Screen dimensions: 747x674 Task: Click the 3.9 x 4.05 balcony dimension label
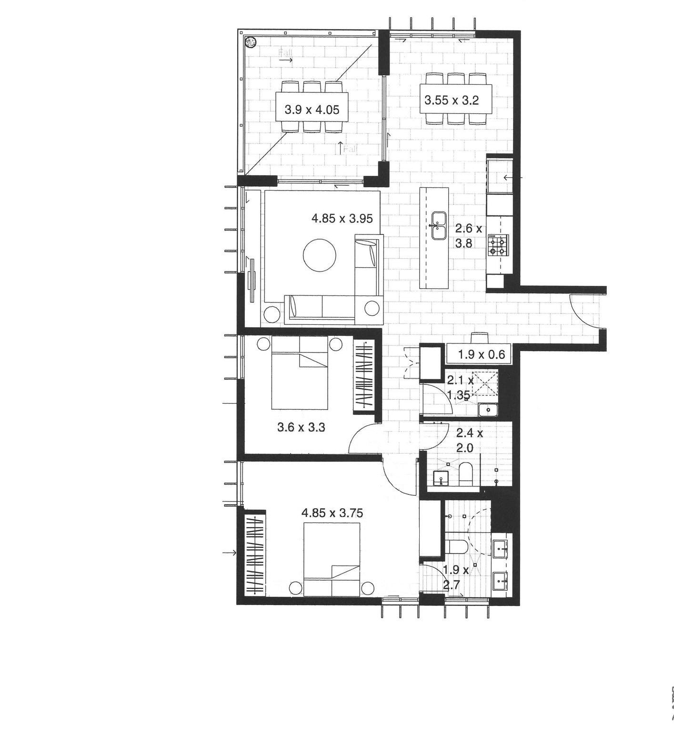pyautogui.click(x=312, y=110)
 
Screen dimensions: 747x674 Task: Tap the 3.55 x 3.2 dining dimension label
pyautogui.click(x=452, y=101)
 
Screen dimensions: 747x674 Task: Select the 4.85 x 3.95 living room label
pyautogui.click(x=342, y=219)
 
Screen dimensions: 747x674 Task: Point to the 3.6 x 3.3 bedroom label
pyautogui.click(x=301, y=427)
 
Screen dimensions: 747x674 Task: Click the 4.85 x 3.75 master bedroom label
pyautogui.click(x=332, y=513)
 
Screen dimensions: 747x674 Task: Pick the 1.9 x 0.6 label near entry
pyautogui.click(x=481, y=354)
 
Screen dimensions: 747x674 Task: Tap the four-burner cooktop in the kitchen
pyautogui.click(x=498, y=244)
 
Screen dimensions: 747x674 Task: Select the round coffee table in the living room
pyautogui.click(x=320, y=255)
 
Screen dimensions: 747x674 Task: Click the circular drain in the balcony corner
pyautogui.click(x=250, y=42)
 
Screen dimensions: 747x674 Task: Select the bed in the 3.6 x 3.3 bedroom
pyautogui.click(x=300, y=373)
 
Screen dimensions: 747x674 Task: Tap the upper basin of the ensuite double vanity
pyautogui.click(x=501, y=548)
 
